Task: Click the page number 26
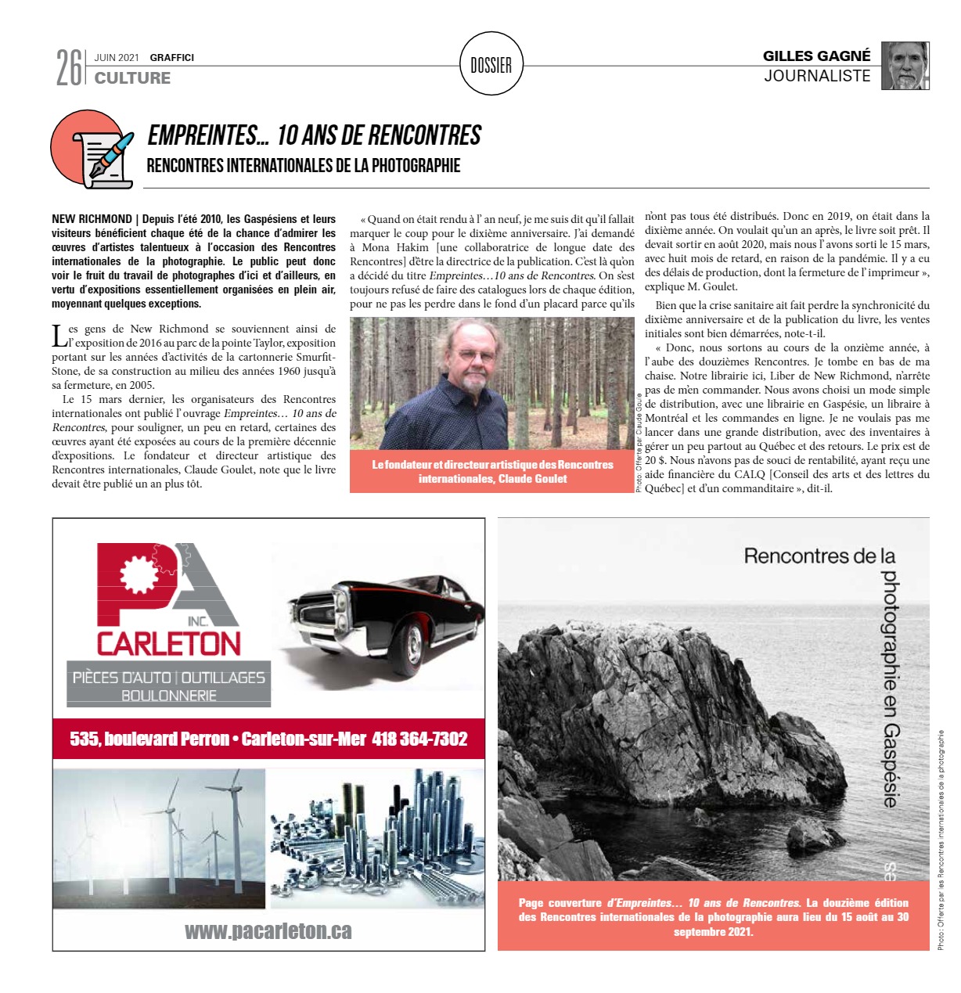pos(69,67)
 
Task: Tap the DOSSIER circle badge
pos(491,65)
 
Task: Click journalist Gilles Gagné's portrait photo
pos(905,66)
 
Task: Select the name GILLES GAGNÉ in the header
pos(816,56)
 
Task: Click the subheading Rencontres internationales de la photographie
pos(303,166)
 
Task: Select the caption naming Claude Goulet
pos(492,471)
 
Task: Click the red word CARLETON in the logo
pos(168,643)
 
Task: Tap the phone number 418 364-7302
pos(419,739)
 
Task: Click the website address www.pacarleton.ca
pos(268,930)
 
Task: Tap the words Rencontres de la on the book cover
pos(819,556)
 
